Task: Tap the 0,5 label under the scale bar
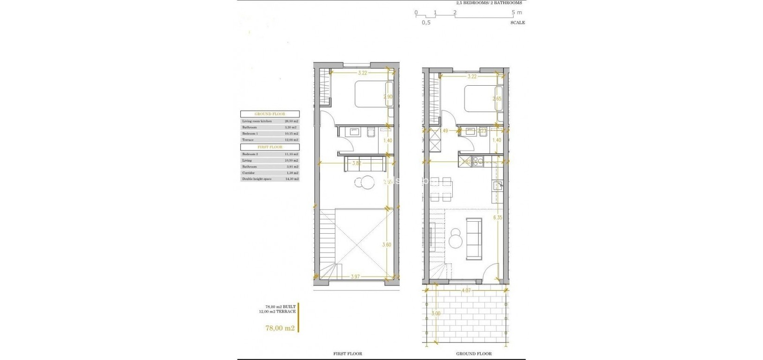[426, 22]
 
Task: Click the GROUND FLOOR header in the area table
[270, 114]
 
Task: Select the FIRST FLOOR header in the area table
[270, 147]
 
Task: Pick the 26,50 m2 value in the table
[292, 121]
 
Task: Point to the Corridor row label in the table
[248, 173]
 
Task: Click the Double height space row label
[254, 179]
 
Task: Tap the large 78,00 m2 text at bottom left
[280, 328]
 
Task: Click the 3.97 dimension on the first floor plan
[355, 277]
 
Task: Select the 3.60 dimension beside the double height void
[387, 245]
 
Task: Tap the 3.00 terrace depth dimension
[436, 313]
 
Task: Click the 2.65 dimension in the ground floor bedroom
[497, 99]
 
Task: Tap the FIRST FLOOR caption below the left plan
[347, 353]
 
